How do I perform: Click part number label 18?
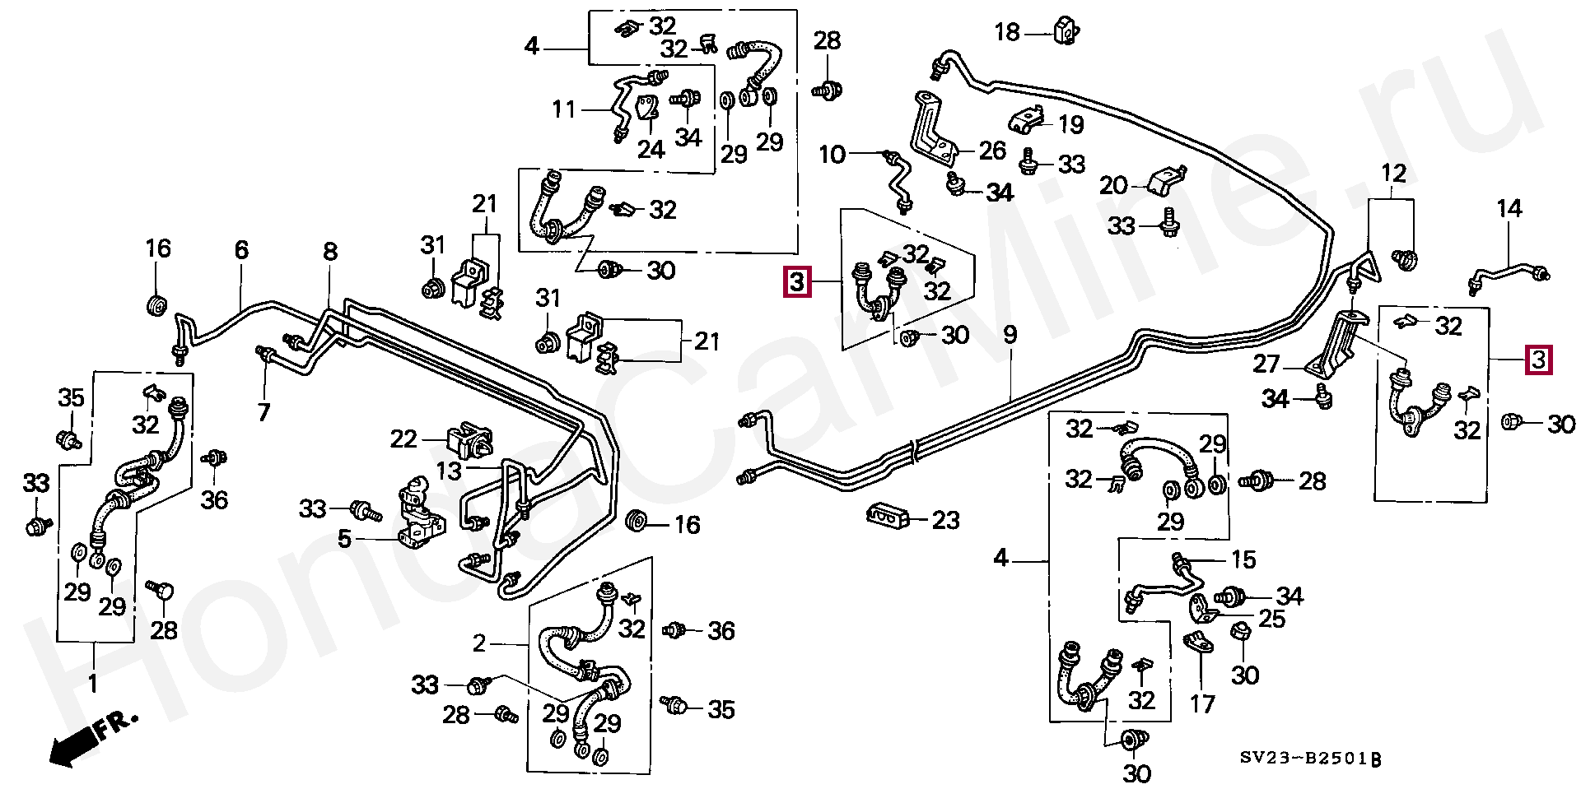click(1006, 33)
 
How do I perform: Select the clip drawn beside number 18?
click(1065, 31)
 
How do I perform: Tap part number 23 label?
click(947, 520)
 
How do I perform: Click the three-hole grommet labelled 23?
click(887, 517)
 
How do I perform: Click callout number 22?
click(403, 439)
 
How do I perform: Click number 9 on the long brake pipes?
click(1010, 335)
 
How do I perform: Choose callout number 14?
click(1509, 209)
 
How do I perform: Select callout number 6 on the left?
click(241, 250)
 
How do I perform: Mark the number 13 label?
click(450, 471)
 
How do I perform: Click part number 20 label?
click(1112, 185)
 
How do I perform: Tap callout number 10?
click(832, 154)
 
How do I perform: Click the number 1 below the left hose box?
click(93, 683)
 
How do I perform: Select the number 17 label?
click(1202, 704)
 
